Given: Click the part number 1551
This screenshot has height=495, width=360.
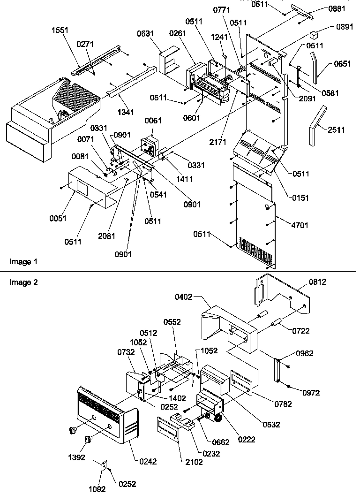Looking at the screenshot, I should coord(60,30).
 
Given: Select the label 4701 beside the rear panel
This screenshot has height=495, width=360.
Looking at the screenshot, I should coord(300,225).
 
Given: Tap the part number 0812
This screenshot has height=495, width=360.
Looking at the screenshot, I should coord(317,282).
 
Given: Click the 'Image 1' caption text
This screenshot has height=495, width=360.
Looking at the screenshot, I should coord(23,261).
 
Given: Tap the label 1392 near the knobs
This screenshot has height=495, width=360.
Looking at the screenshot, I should coord(76,457).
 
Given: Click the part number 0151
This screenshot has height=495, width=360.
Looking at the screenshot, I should coord(300,198).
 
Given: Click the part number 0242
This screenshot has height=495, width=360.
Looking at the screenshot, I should coord(148,462).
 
